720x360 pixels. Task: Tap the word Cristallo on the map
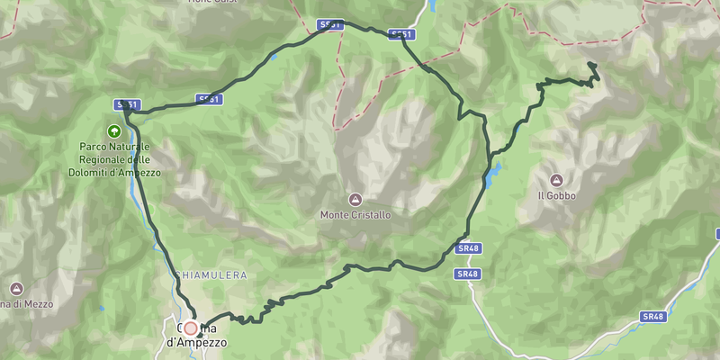pos(373,216)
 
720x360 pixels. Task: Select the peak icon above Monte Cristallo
pos(355,199)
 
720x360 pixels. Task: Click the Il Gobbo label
pos(556,195)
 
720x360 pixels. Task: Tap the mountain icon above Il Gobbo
pos(556,179)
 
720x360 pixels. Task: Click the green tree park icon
pos(114,131)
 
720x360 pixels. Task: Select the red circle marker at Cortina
pos(191,329)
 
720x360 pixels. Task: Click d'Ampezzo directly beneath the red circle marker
pos(197,343)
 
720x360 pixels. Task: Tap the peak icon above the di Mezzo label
pos(16,288)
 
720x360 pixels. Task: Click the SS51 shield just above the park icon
pos(127,105)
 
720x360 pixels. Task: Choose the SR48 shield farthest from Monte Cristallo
pos(653,317)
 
